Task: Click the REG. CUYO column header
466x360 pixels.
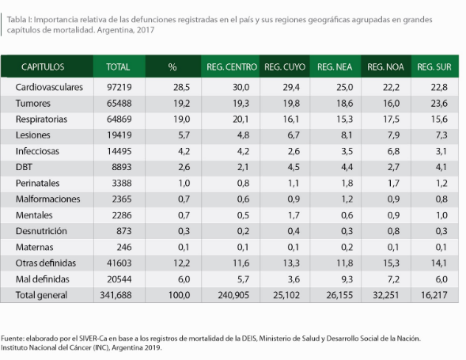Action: point(285,67)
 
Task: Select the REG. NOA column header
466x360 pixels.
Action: point(385,67)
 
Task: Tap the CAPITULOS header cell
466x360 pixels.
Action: point(43,67)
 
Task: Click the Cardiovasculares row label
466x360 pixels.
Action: point(49,87)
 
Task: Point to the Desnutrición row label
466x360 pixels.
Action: point(41,231)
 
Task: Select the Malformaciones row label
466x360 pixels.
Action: point(47,199)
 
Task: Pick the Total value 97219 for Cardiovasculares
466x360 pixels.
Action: point(119,87)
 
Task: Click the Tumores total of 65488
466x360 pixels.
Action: point(119,103)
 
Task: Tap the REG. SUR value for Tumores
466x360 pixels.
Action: point(439,103)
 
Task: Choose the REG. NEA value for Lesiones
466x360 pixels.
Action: point(347,135)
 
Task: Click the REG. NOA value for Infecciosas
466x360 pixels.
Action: point(393,151)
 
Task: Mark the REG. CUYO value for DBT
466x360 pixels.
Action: point(294,167)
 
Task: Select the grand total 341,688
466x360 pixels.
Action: point(116,295)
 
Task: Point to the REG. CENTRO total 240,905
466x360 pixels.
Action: point(233,295)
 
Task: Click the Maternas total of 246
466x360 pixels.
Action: point(124,247)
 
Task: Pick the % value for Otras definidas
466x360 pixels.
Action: point(182,263)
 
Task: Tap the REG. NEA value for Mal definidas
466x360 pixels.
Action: point(347,279)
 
